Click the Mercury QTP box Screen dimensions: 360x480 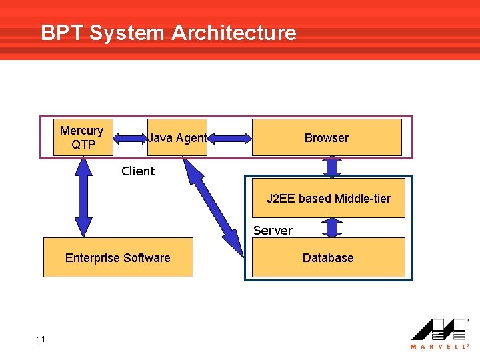[x=81, y=137]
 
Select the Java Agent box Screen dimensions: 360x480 [x=177, y=138]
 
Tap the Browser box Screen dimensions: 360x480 [x=327, y=138]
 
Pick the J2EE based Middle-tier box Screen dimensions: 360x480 [x=329, y=199]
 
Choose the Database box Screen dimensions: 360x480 [x=328, y=258]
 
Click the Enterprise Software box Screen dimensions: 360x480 [x=118, y=258]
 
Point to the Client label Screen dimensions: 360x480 [x=138, y=171]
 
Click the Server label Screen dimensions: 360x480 [x=273, y=231]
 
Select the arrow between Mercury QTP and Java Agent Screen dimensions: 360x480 [x=130, y=138]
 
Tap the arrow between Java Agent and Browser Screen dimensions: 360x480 [x=229, y=138]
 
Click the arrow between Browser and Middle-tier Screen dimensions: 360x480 [x=332, y=167]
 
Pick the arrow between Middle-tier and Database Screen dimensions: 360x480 [x=332, y=227]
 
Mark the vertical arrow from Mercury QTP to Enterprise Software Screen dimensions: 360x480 [x=83, y=197]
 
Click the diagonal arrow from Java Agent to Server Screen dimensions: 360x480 [x=213, y=207]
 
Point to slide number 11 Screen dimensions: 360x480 [x=41, y=339]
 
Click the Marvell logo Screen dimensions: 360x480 [x=439, y=329]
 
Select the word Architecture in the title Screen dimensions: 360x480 [x=234, y=33]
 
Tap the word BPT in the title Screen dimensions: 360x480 [x=62, y=33]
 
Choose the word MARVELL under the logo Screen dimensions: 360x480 [x=439, y=347]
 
